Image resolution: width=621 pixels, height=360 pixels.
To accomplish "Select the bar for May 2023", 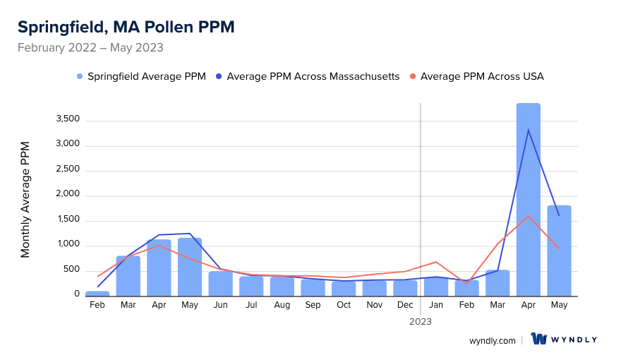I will [x=559, y=251].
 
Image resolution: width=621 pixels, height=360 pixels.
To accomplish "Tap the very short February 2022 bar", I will [x=97, y=293].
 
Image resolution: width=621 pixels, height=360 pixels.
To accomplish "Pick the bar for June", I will [x=221, y=283].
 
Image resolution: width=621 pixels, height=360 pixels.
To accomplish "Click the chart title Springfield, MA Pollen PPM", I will [x=126, y=27].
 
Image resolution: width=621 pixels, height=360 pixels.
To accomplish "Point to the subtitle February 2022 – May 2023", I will [x=90, y=48].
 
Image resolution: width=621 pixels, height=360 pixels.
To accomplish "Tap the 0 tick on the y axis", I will [x=76, y=294].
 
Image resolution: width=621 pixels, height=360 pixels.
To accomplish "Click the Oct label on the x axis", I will [x=344, y=305].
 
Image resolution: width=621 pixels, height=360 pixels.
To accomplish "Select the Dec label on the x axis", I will [x=405, y=305].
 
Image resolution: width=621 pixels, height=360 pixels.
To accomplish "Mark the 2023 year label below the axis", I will [x=421, y=321].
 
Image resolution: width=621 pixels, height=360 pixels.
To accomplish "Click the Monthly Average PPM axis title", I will [x=25, y=199].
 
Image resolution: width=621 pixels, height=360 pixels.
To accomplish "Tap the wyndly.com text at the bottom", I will [x=492, y=340].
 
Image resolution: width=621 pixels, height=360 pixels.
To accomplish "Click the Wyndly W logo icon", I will [x=540, y=340].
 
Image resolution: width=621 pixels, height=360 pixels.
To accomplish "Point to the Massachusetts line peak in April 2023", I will [x=528, y=129].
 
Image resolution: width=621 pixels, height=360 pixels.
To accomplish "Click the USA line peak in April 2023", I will [x=528, y=216].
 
